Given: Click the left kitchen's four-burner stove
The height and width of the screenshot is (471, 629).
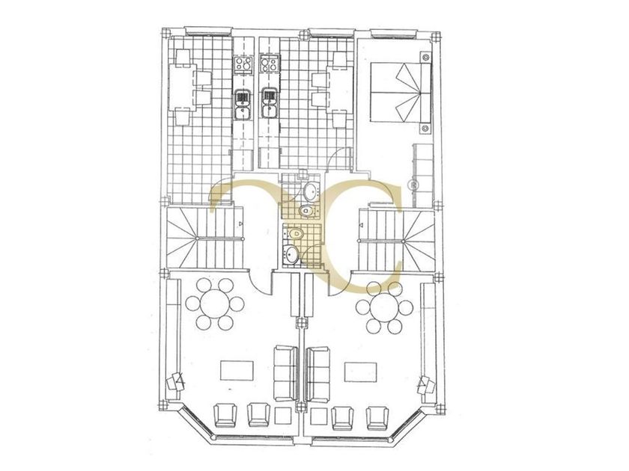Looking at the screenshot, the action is [x=243, y=64].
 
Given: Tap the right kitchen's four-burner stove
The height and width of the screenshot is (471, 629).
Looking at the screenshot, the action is [x=269, y=64].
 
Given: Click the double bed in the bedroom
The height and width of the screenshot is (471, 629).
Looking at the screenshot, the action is [x=396, y=93].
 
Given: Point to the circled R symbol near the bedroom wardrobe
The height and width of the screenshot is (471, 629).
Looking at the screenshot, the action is [x=412, y=184].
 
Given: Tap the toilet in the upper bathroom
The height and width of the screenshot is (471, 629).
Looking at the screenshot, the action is [x=306, y=214].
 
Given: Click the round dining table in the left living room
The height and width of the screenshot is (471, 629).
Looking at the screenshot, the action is [x=215, y=304].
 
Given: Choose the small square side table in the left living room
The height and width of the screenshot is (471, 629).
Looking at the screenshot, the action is [x=284, y=416].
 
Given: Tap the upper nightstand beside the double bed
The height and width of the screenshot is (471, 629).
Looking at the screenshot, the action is [x=425, y=57].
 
